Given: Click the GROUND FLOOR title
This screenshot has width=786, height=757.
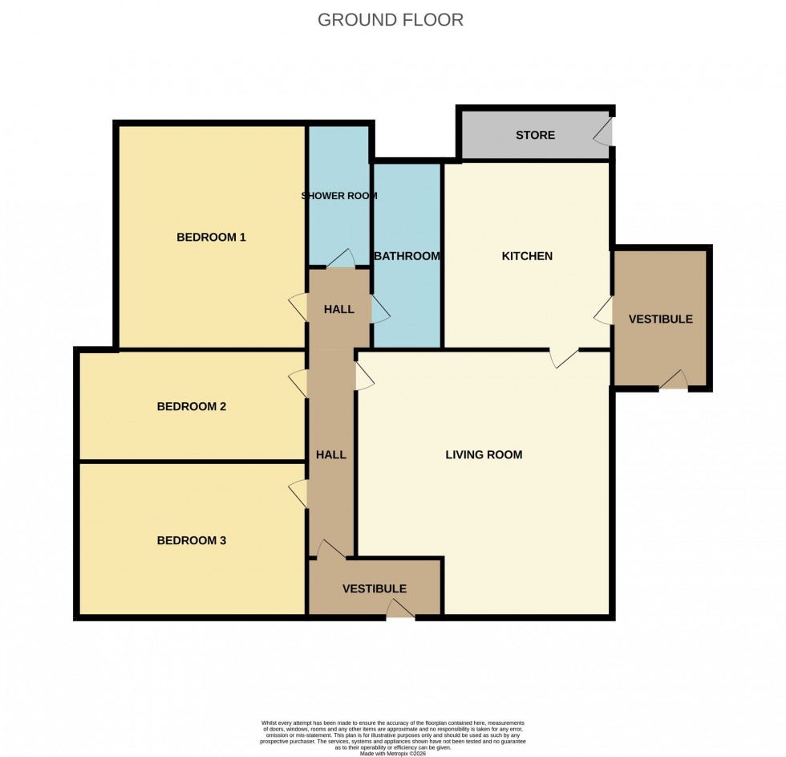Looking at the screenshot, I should click(391, 20).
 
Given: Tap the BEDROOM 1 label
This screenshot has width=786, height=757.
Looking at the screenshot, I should click(211, 237).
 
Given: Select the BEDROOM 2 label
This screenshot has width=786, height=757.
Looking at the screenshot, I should click(191, 406).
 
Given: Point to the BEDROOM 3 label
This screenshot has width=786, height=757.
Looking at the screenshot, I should click(191, 540).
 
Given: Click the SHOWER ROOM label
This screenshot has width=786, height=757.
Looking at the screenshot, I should click(339, 196).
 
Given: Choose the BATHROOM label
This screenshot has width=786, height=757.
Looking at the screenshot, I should click(407, 256).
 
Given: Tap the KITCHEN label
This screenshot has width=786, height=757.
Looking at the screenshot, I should click(527, 256).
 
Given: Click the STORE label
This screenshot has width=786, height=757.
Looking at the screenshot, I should click(535, 135).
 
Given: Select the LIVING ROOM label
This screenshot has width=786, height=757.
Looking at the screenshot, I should click(484, 454).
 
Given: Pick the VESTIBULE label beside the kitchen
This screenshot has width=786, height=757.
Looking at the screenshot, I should click(660, 319).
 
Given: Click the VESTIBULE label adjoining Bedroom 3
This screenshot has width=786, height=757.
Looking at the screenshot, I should click(374, 588).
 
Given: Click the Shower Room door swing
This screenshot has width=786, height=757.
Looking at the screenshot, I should click(340, 258).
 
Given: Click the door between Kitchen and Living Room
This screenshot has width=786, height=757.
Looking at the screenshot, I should click(564, 358).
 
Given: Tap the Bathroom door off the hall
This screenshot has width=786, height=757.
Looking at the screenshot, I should click(379, 309).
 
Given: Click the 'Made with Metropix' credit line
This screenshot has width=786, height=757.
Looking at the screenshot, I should click(393, 752).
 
